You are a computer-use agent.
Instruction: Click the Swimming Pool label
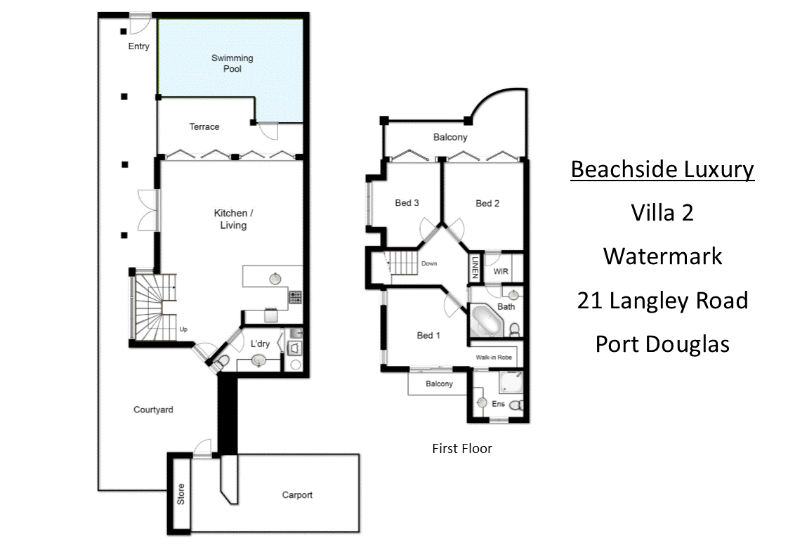pos(232,63)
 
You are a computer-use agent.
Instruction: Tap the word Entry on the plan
pos(139,46)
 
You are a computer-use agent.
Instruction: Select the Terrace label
pos(204,127)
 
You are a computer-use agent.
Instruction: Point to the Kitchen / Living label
pos(230,219)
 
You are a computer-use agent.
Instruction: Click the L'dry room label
pos(260,344)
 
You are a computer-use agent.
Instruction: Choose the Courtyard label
pos(153,409)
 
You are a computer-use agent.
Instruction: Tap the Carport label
pos(297,494)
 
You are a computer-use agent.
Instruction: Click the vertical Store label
pos(180,494)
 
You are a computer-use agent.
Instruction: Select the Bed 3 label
pos(407,203)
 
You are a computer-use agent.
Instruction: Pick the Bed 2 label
pos(487,203)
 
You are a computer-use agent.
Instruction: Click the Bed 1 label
pos(428,335)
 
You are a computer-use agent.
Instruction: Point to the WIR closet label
pos(501,270)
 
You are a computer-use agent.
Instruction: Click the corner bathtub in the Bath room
pos(485,322)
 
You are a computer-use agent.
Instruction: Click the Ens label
pos(498,405)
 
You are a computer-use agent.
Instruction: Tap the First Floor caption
pos(461,448)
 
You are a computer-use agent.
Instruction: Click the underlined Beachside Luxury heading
pos(662,169)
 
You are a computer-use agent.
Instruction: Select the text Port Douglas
pos(662,343)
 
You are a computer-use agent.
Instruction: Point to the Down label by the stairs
pos(429,264)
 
